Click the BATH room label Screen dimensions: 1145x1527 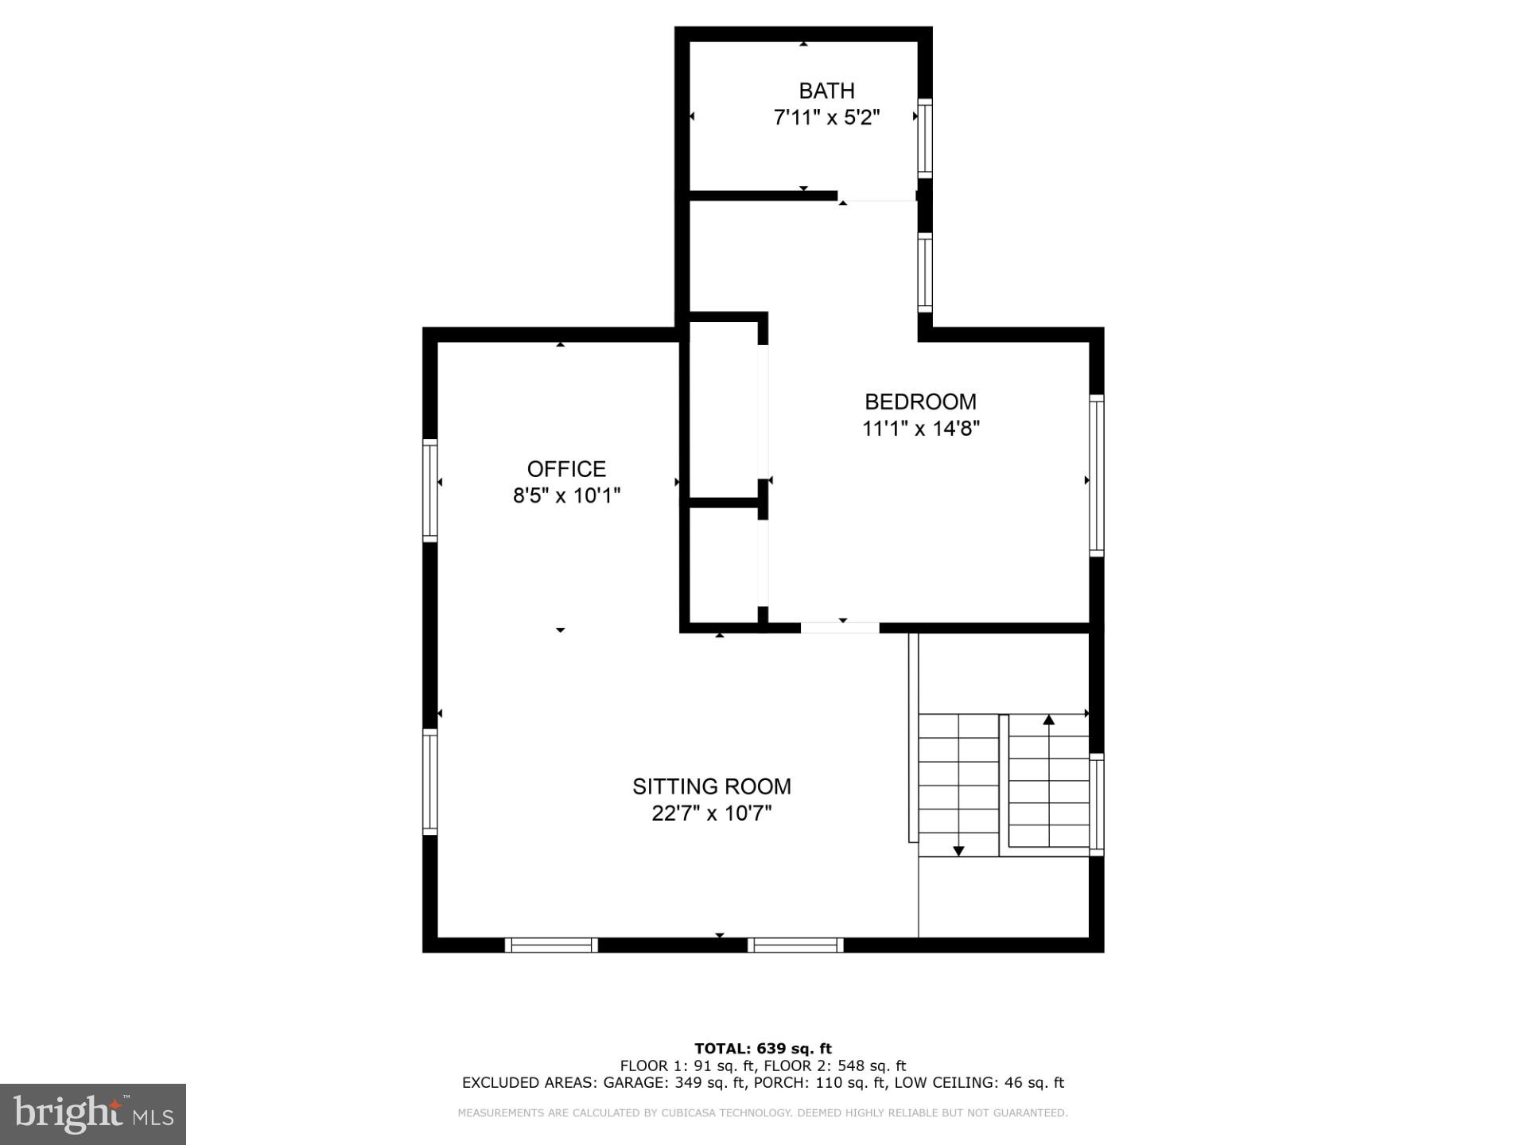click(826, 91)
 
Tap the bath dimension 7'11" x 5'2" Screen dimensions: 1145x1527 click(826, 118)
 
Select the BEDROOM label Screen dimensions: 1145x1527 click(920, 402)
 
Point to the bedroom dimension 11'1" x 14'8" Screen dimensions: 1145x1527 click(920, 429)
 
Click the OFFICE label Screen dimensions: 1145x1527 click(566, 468)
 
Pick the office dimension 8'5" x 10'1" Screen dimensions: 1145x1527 click(566, 495)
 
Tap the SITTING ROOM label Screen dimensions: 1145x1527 click(712, 786)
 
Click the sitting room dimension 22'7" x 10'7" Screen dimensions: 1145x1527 click(712, 813)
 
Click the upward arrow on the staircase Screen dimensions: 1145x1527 click(1048, 720)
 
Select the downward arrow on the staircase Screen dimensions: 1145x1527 click(958, 850)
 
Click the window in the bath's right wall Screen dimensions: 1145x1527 click(925, 138)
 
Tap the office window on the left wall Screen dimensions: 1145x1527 click(429, 490)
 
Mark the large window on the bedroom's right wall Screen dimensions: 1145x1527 click(1096, 475)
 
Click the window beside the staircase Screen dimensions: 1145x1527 click(1096, 804)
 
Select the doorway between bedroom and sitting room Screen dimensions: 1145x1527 click(840, 627)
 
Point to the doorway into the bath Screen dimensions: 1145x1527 click(877, 196)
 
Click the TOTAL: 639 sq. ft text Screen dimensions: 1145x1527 click(763, 1048)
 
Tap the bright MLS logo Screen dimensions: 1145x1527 click(93, 1114)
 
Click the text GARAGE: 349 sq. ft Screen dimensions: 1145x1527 click(674, 1082)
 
